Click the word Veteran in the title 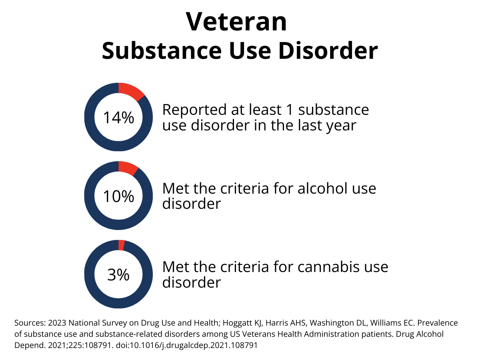pos(236,22)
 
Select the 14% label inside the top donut pos(118,118)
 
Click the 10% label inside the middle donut pos(118,196)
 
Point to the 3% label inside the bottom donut pos(118,275)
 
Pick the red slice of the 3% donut pos(122,245)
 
